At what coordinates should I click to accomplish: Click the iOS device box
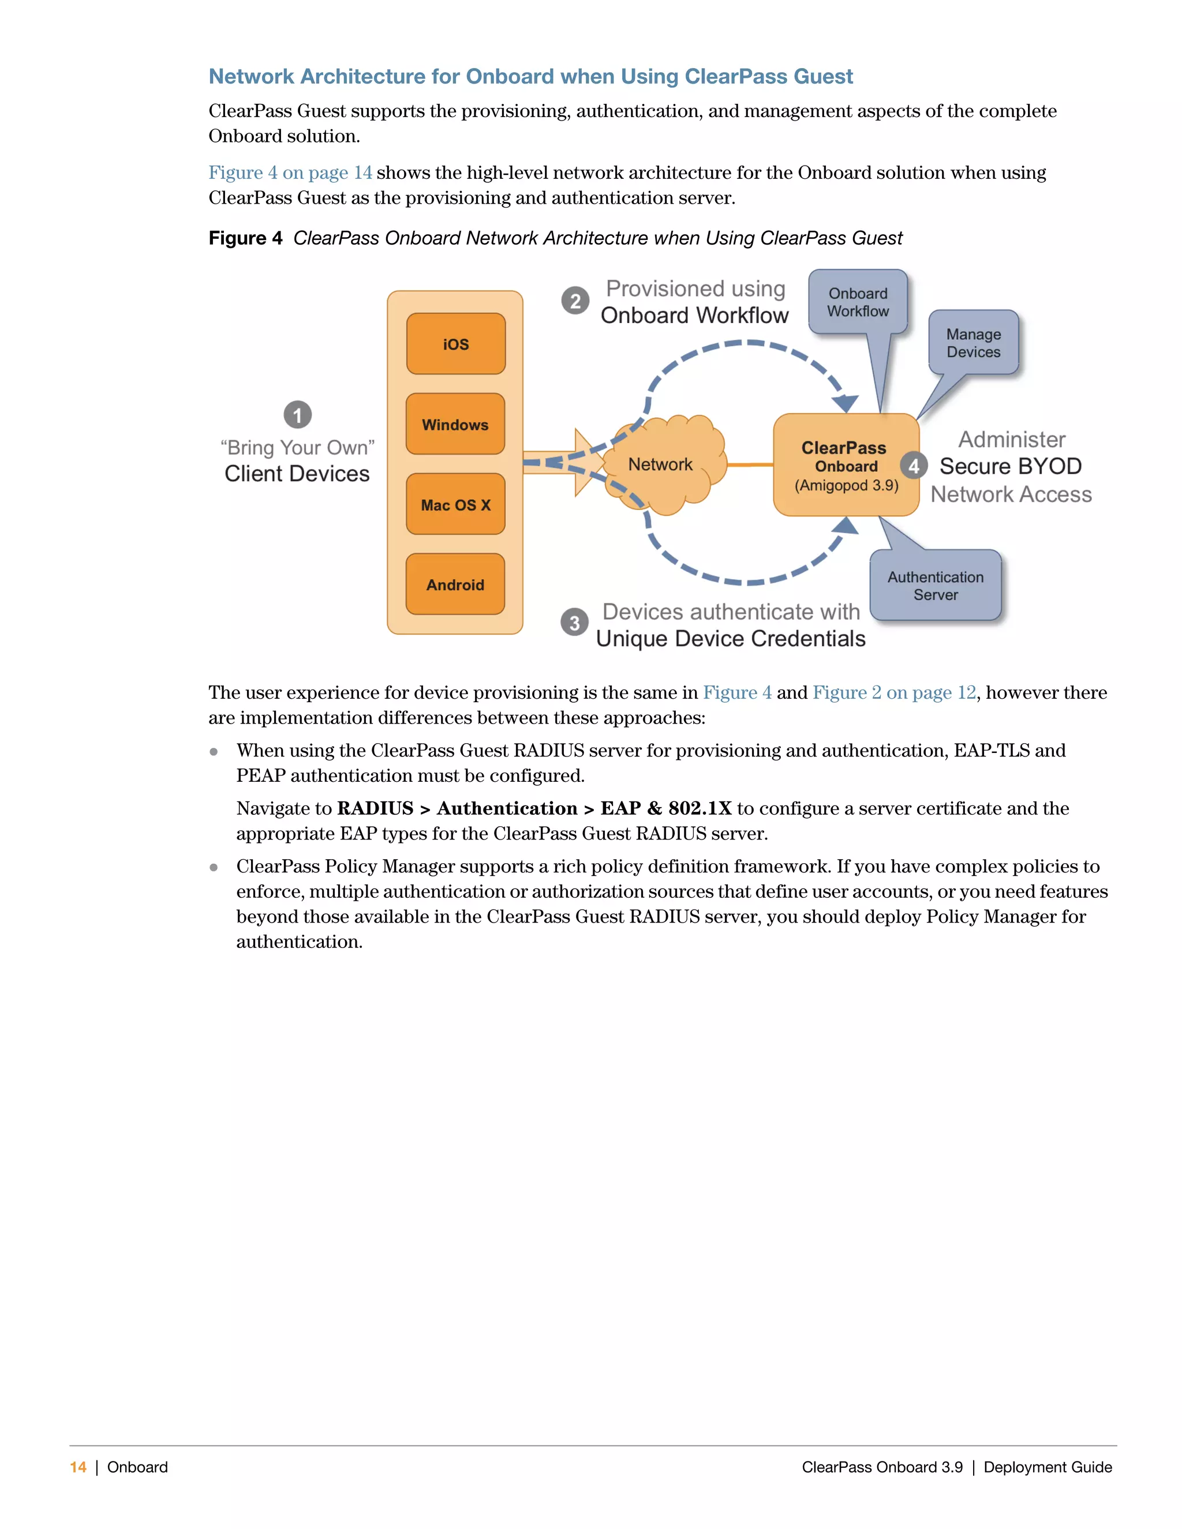[456, 344]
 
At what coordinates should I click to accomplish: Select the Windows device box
[455, 424]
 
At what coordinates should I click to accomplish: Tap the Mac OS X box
[455, 504]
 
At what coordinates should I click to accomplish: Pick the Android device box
[455, 584]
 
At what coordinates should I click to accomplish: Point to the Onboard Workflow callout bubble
[858, 302]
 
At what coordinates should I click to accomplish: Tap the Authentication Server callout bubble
[936, 585]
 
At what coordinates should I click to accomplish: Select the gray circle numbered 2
[575, 301]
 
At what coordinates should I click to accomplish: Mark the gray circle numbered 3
[574, 621]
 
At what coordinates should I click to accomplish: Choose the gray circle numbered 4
[914, 466]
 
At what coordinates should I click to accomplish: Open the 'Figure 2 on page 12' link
[894, 692]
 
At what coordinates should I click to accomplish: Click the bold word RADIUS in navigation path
[375, 808]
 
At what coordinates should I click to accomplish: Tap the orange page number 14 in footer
[78, 1467]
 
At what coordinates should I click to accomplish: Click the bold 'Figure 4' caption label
[245, 238]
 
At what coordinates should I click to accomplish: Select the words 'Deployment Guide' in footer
[1048, 1467]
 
